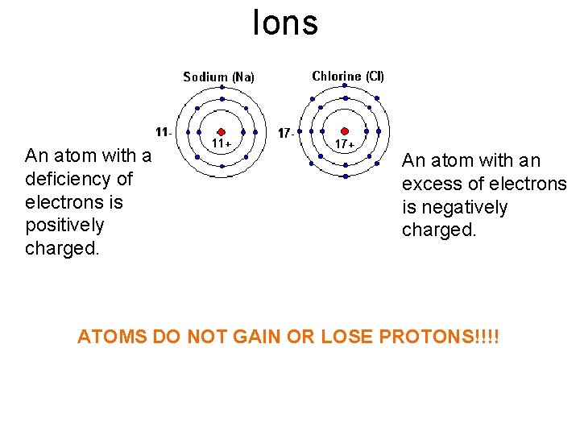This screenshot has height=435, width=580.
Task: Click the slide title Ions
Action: [285, 23]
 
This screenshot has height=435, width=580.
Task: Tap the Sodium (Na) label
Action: [218, 77]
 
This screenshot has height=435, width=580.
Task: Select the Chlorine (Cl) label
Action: [348, 77]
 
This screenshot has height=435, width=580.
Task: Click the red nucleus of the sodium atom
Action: [222, 132]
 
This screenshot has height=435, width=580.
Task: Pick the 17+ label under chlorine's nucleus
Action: [346, 143]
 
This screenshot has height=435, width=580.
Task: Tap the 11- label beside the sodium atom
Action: [164, 131]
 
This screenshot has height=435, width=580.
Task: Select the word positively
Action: [64, 225]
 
